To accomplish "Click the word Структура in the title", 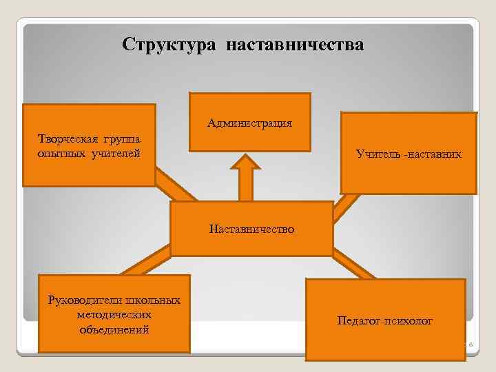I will pos(168,45).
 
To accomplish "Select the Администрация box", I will pos(249,122).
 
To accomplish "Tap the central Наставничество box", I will pos(252,229).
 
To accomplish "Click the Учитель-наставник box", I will pos(409,153).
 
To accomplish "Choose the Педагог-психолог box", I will pos(385,320).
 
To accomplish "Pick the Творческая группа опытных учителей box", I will pos(89,145).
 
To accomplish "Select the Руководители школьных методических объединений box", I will pos(114,313).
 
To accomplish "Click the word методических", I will pos(115,314).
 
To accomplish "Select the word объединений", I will pos(115,329).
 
